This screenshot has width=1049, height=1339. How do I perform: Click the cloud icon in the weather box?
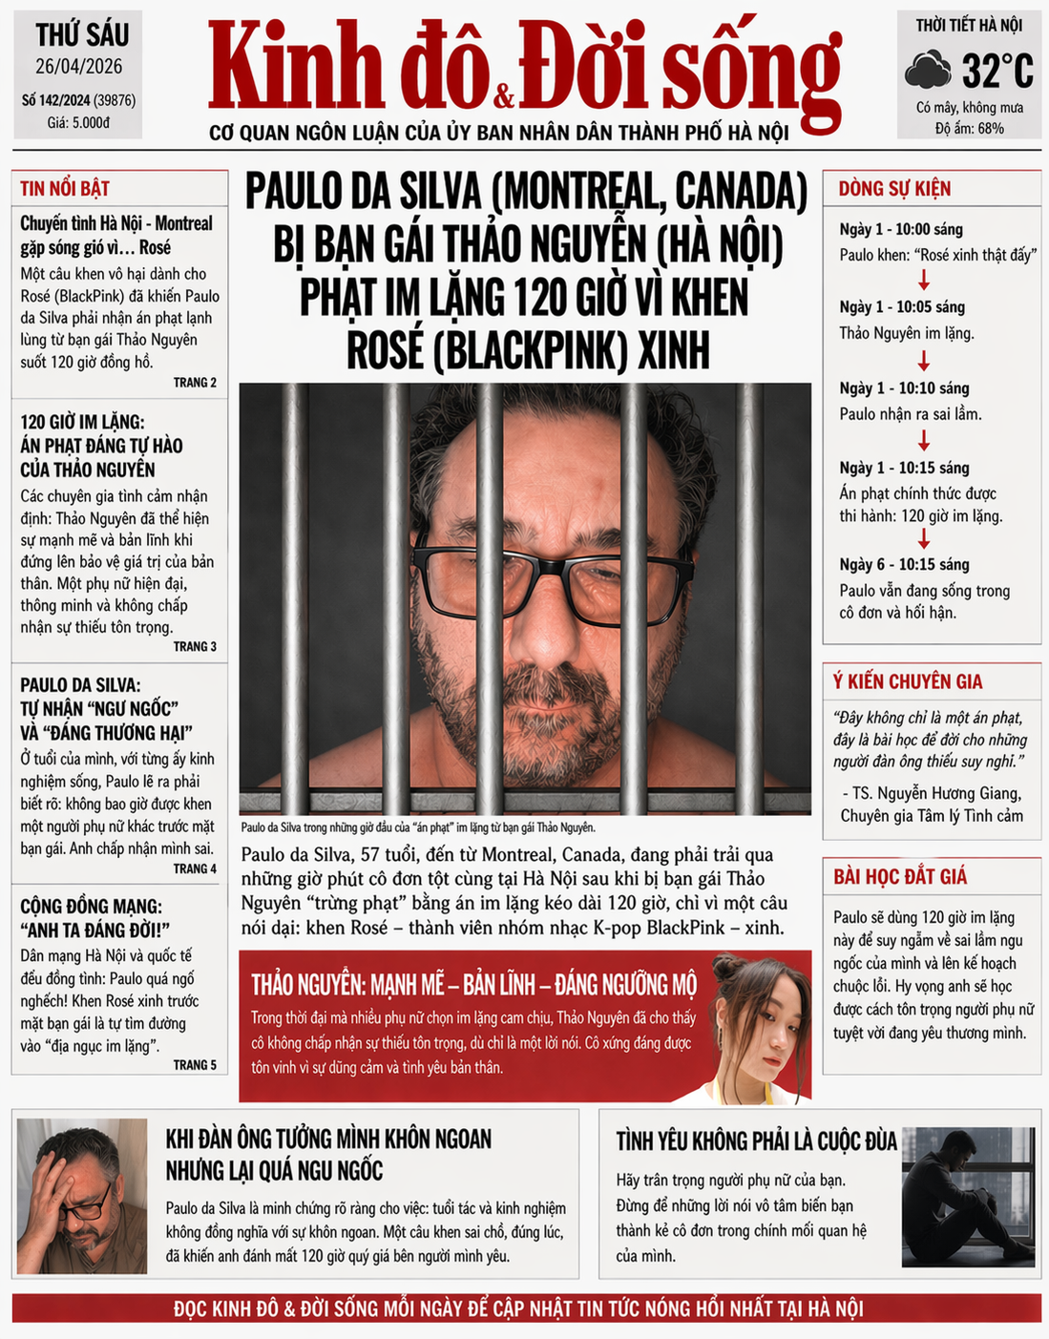point(928,71)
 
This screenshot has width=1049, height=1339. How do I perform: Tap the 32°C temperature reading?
point(997,71)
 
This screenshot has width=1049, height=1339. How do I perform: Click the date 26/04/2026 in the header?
point(79,67)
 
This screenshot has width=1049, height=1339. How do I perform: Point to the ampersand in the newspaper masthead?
point(504,97)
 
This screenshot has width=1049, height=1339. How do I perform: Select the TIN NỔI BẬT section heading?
point(65,188)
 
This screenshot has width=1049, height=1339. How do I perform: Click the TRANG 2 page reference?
point(195,383)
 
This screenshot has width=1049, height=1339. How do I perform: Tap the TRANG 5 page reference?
point(195,1065)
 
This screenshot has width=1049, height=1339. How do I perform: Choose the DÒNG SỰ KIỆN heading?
point(894,188)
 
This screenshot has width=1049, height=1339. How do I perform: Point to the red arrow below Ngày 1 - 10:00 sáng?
point(923,281)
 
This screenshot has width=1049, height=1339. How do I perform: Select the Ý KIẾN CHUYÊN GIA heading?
point(907,681)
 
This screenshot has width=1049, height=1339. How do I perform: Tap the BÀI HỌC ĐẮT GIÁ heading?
point(900,876)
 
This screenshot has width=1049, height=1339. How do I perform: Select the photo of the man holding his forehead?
point(82,1197)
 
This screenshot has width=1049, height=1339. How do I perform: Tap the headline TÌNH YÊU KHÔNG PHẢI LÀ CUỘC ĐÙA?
point(756,1140)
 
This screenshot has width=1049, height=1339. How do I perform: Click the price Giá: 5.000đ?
point(79,122)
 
